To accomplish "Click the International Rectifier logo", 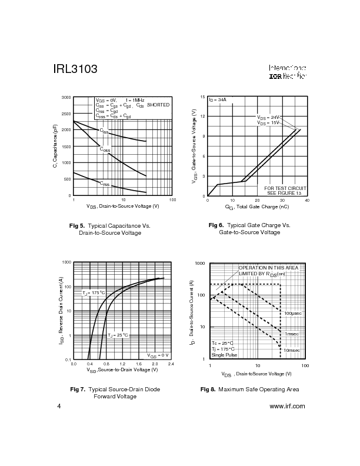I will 288,72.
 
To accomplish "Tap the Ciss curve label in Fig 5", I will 104,131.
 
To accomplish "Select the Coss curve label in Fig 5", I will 105,150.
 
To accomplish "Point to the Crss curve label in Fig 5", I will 104,184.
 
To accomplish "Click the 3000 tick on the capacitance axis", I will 66,97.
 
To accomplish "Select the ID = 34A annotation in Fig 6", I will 218,100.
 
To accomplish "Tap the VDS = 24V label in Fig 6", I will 268,118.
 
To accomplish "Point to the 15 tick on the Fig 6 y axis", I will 202,97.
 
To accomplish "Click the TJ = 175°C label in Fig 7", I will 94,292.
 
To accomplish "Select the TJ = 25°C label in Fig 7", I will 118,335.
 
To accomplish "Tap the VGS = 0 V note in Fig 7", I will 158,355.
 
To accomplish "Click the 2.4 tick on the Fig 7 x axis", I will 171,364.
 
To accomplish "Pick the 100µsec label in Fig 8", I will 292,314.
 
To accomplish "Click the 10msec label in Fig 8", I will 292,350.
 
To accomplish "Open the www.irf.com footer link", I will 286,406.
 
